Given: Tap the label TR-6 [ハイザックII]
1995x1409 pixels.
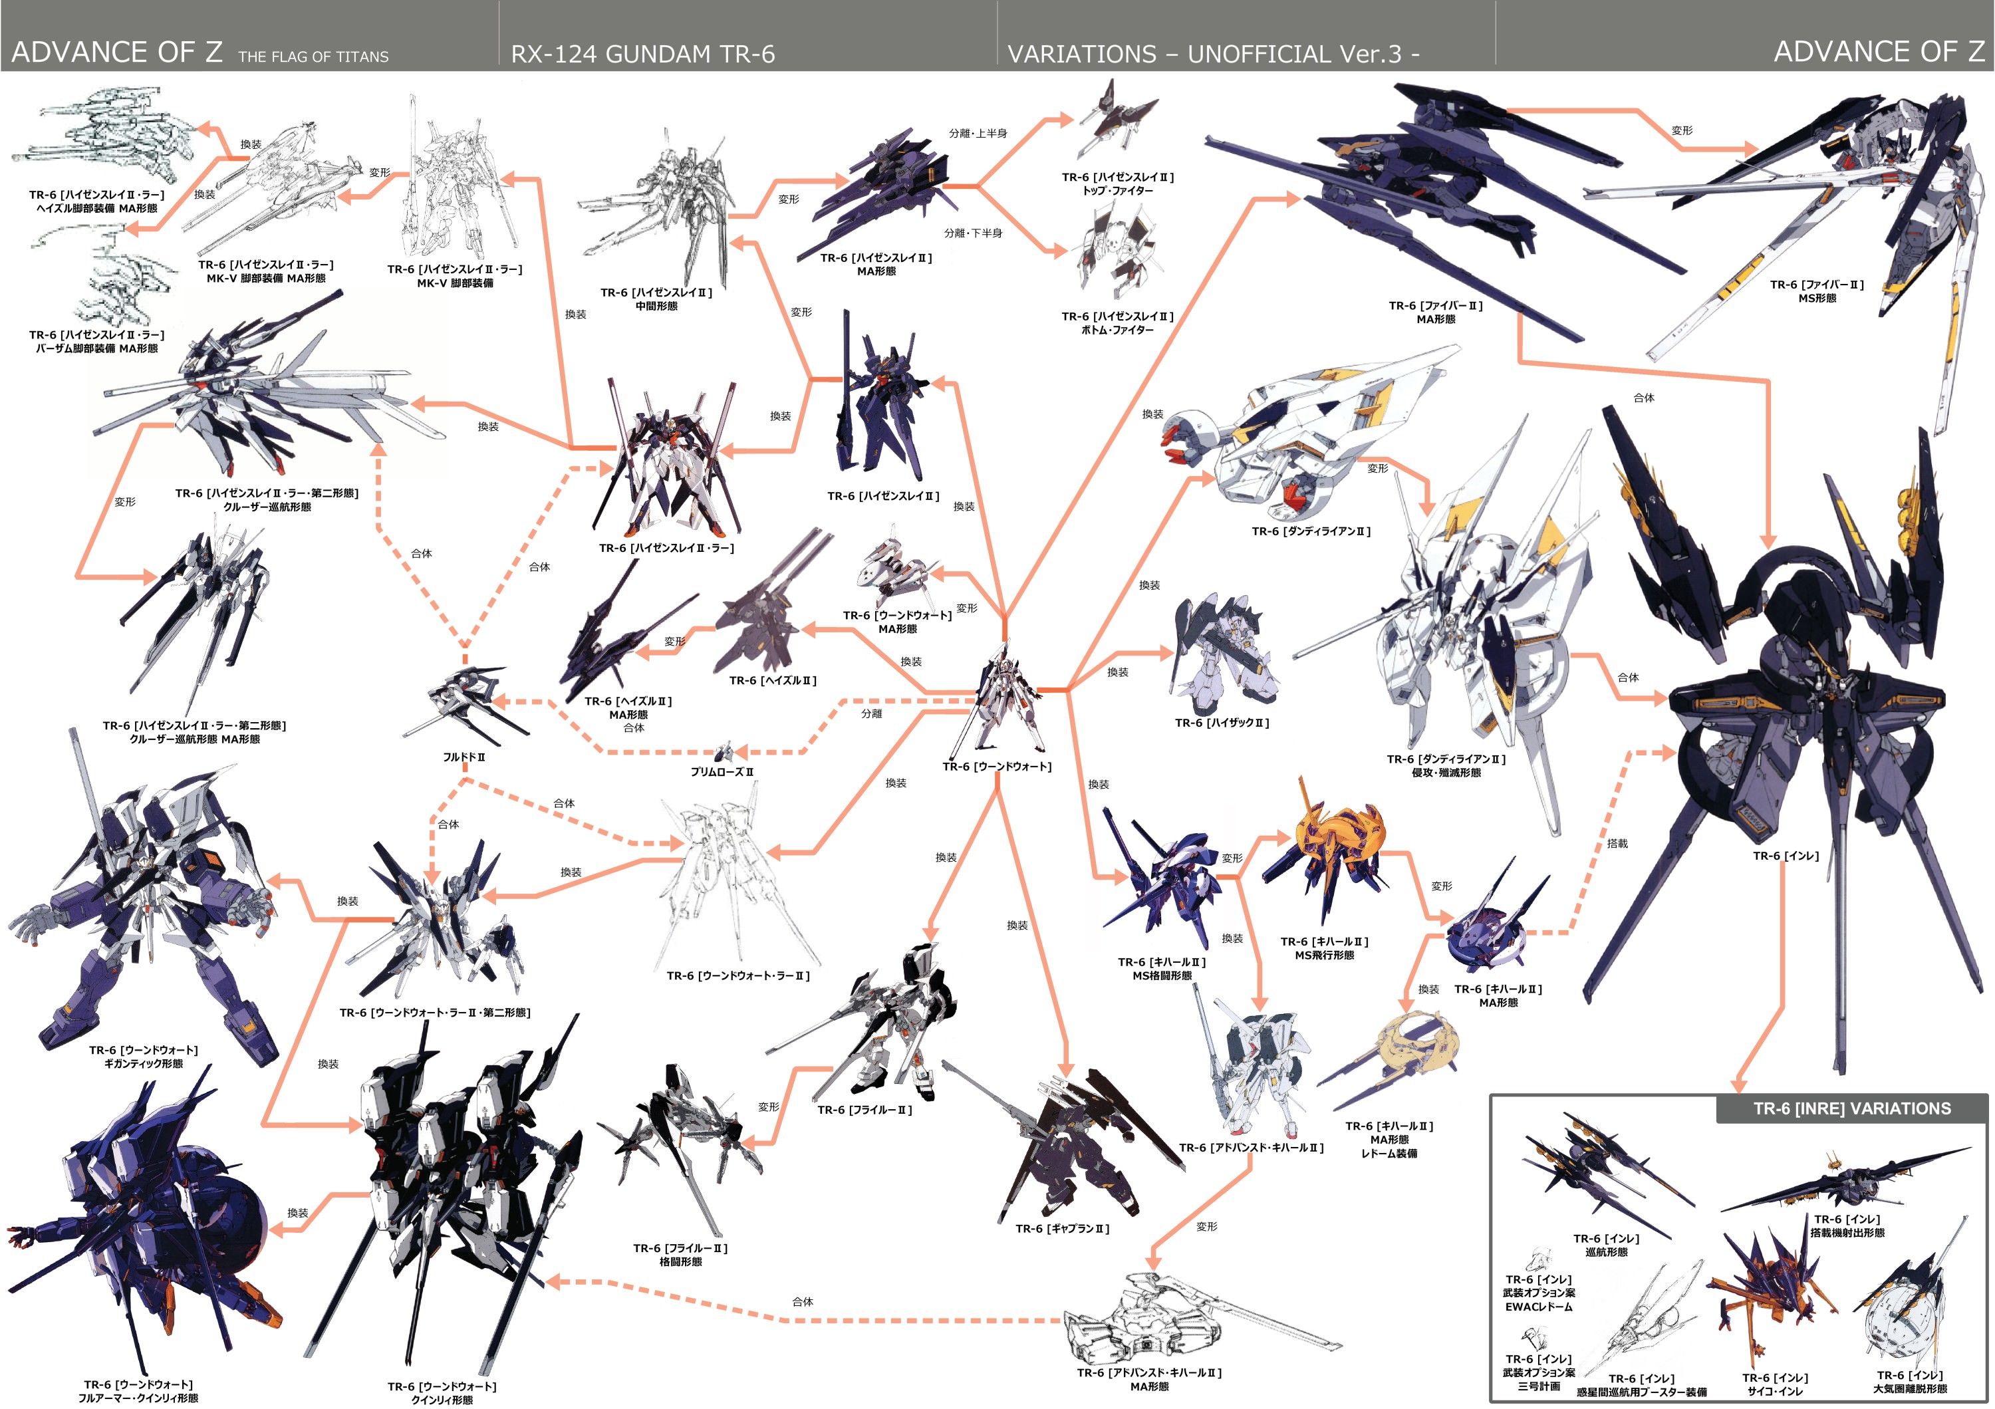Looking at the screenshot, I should coord(1222,723).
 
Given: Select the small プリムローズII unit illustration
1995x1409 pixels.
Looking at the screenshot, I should coord(724,752).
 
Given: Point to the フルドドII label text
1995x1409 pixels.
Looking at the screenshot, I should coord(464,757).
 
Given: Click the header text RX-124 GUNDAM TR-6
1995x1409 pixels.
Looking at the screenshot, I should coord(642,54).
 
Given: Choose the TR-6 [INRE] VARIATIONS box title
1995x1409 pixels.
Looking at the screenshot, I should coord(1851,1108).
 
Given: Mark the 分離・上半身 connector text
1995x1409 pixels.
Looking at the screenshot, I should coord(978,134).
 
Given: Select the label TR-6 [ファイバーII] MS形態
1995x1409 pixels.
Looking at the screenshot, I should coord(1817,291).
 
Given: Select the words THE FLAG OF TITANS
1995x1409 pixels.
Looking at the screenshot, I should coord(313,57).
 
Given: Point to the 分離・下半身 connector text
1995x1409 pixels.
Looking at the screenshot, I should coord(973,233).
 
